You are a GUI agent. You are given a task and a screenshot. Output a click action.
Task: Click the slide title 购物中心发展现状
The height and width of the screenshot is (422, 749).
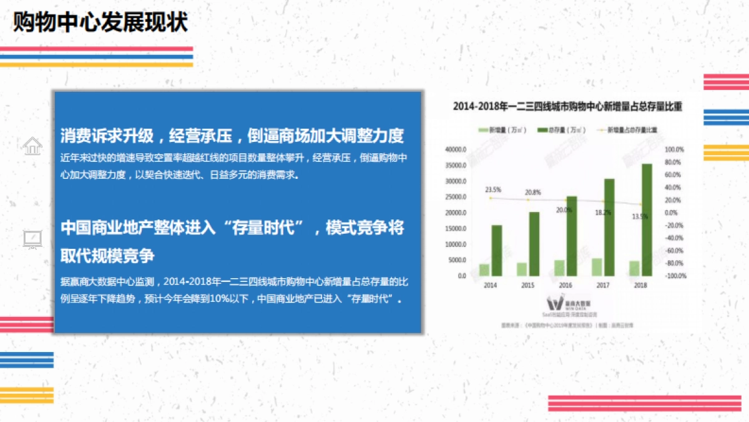(x=100, y=23)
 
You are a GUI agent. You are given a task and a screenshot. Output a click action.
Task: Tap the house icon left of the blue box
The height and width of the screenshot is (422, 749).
(x=32, y=146)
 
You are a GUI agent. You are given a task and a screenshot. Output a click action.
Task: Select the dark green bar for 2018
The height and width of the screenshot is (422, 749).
(x=647, y=219)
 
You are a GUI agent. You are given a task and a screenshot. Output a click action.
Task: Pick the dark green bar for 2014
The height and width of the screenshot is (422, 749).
(x=497, y=250)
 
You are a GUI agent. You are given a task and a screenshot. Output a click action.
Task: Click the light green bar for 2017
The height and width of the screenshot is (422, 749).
(x=597, y=267)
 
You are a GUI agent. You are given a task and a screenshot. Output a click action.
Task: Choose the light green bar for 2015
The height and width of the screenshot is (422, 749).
(x=521, y=269)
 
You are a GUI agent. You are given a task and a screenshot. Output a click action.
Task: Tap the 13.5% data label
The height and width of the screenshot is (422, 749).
(x=640, y=216)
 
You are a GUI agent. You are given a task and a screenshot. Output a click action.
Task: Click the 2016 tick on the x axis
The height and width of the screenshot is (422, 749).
(x=565, y=286)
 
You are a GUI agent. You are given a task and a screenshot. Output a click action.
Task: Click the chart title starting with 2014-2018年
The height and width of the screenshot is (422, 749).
(x=567, y=107)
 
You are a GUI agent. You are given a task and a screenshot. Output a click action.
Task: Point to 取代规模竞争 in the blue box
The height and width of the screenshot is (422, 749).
(x=107, y=256)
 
